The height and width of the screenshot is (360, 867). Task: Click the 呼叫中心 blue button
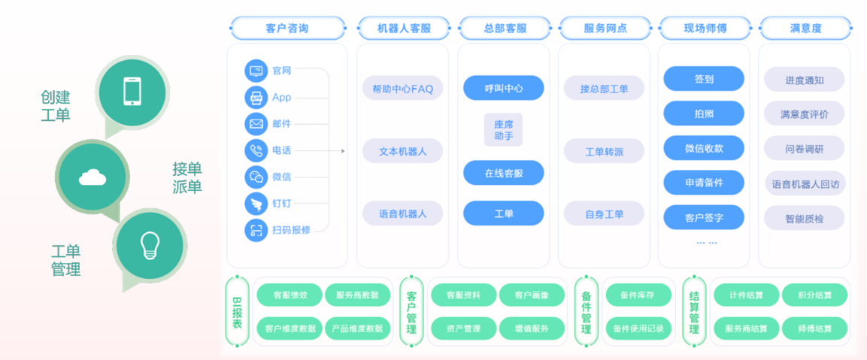[x=503, y=88]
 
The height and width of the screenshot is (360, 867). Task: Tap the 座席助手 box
[x=503, y=130]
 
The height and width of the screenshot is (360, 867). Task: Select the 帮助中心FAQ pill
[x=402, y=88]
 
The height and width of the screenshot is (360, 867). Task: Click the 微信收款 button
[x=704, y=147]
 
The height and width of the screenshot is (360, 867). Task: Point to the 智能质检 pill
[x=805, y=219]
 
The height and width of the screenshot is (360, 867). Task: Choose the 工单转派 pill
[x=604, y=151]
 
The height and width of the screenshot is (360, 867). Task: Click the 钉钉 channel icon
[x=256, y=204]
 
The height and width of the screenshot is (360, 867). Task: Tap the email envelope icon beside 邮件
[x=256, y=124]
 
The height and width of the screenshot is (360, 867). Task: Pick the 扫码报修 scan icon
[x=256, y=229]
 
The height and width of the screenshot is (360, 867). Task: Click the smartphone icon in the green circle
[x=132, y=91]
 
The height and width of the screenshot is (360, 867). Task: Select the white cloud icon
[x=92, y=177]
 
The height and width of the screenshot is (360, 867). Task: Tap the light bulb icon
[x=150, y=245]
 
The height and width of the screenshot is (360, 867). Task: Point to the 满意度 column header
[x=805, y=29]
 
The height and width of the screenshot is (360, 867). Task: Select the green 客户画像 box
[x=532, y=295]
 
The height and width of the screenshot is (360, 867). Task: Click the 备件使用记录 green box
[x=638, y=328]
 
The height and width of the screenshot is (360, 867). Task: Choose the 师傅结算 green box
[x=814, y=328]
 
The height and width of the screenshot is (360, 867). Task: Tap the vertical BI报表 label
[x=237, y=313]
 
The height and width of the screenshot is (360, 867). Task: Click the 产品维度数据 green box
[x=357, y=328]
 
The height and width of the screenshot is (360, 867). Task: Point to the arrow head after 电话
[x=344, y=150]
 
